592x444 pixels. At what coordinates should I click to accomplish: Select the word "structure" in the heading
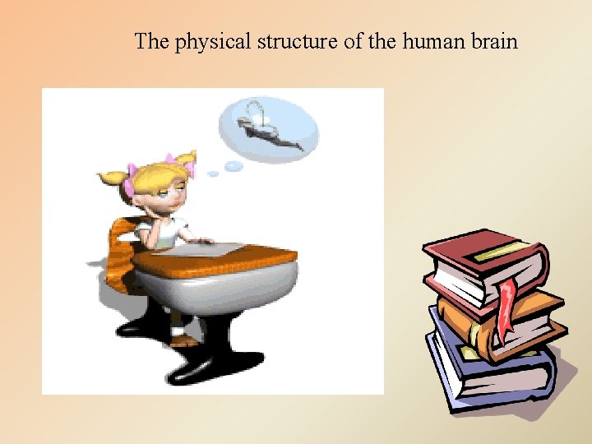298,41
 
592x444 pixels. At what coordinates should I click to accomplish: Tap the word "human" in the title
433,41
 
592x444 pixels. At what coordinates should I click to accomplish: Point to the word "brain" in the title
494,41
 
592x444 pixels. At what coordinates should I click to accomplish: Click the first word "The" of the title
151,41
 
